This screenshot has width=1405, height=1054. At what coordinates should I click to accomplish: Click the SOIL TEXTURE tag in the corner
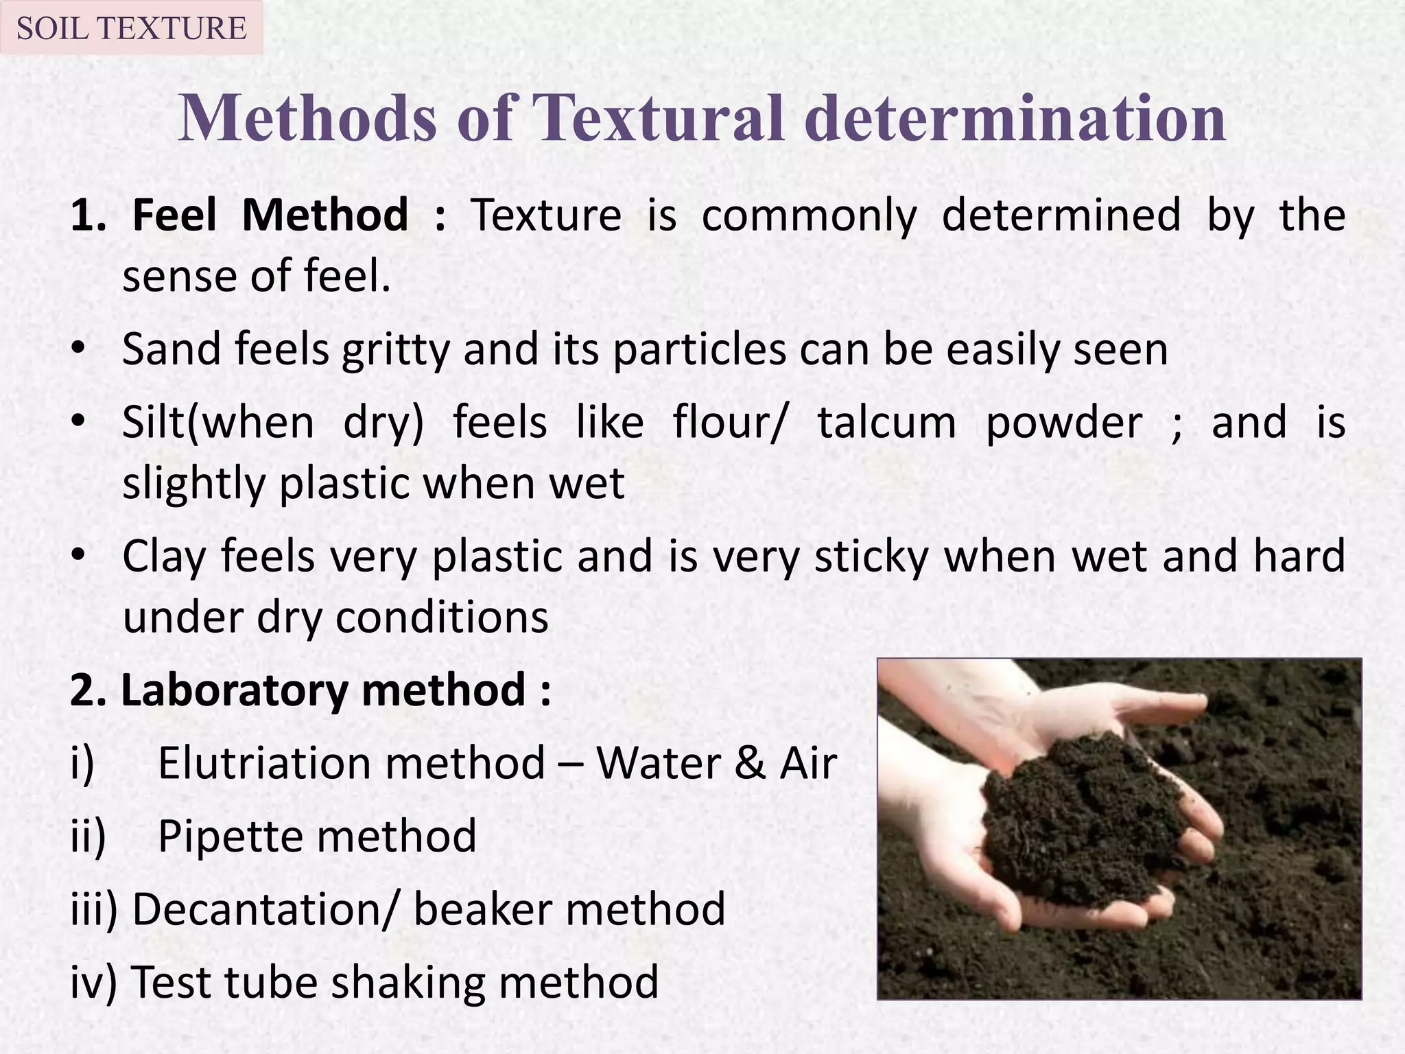(131, 28)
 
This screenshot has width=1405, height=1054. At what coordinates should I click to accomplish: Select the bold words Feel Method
(270, 215)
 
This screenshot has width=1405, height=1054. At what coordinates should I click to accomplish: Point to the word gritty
(395, 349)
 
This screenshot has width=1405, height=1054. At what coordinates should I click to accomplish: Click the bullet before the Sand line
(80, 351)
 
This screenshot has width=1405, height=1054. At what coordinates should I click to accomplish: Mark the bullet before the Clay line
(80, 557)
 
